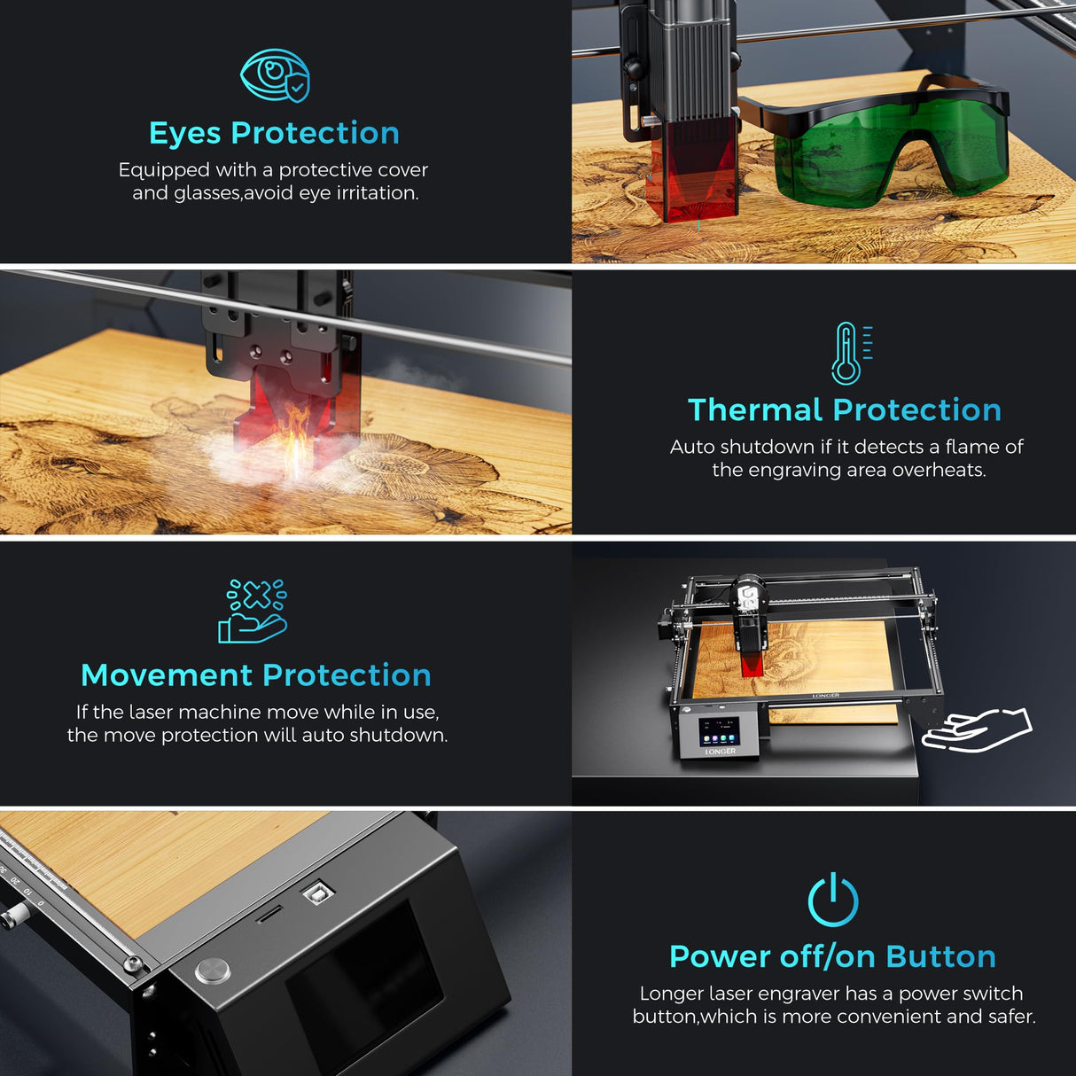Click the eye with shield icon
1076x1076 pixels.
[x=275, y=75]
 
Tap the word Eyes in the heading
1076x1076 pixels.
[x=184, y=133]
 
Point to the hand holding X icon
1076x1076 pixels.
[x=253, y=611]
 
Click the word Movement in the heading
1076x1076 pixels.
[x=167, y=675]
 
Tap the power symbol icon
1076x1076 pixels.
[x=833, y=901]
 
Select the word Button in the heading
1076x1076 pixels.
[x=940, y=957]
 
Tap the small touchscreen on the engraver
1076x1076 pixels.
[x=719, y=732]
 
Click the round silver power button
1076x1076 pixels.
[x=213, y=970]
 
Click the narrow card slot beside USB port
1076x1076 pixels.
[x=269, y=915]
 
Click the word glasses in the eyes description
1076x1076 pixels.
[x=207, y=193]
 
